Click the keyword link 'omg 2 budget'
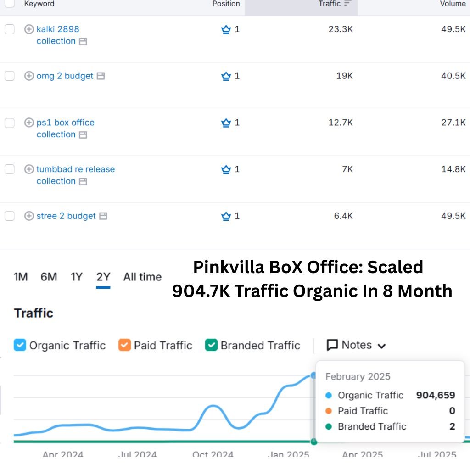(x=65, y=76)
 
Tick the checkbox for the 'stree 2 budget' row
(x=10, y=216)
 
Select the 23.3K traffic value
(x=341, y=29)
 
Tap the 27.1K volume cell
(x=453, y=123)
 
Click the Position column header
(x=226, y=4)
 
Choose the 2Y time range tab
(x=103, y=277)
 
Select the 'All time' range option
(x=142, y=277)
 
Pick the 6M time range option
(x=49, y=277)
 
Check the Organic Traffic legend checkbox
(x=20, y=345)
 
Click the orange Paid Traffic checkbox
(x=124, y=345)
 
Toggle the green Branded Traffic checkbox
(x=211, y=345)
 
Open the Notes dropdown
(x=356, y=345)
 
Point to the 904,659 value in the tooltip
(x=435, y=395)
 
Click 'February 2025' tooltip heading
(x=358, y=377)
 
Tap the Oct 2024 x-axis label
(x=213, y=454)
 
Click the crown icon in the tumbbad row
(x=226, y=169)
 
